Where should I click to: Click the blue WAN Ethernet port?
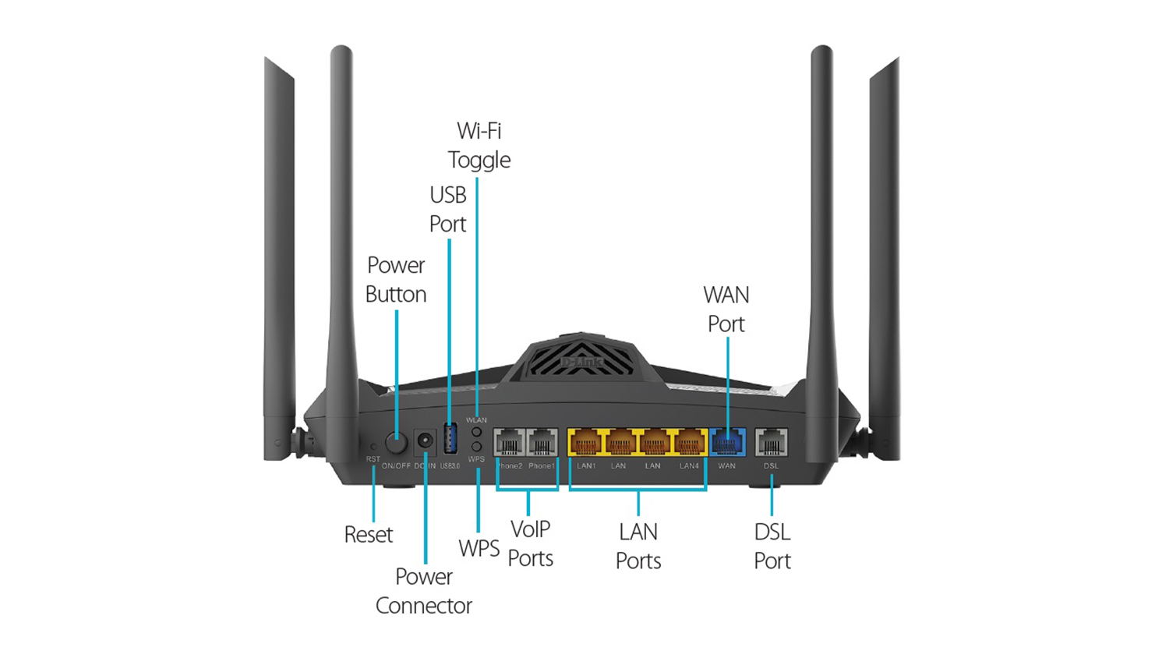727,443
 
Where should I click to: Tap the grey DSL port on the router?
771,443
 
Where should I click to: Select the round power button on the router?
397,444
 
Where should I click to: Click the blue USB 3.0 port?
450,439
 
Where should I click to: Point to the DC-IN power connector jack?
425,441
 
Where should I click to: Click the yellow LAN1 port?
586,443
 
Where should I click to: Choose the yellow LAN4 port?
689,443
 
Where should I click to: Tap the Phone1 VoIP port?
542,443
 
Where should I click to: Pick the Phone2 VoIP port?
510,443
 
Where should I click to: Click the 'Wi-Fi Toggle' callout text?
479,145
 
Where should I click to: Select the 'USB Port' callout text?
448,209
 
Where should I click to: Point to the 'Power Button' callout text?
396,280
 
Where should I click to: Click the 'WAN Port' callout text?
726,310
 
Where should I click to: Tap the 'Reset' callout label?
369,535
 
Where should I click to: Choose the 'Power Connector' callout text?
424,591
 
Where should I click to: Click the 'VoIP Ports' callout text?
530,543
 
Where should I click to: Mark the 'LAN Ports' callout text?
638,546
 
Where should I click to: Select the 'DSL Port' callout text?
772,546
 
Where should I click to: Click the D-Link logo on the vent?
581,363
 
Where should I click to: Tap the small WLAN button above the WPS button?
476,432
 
